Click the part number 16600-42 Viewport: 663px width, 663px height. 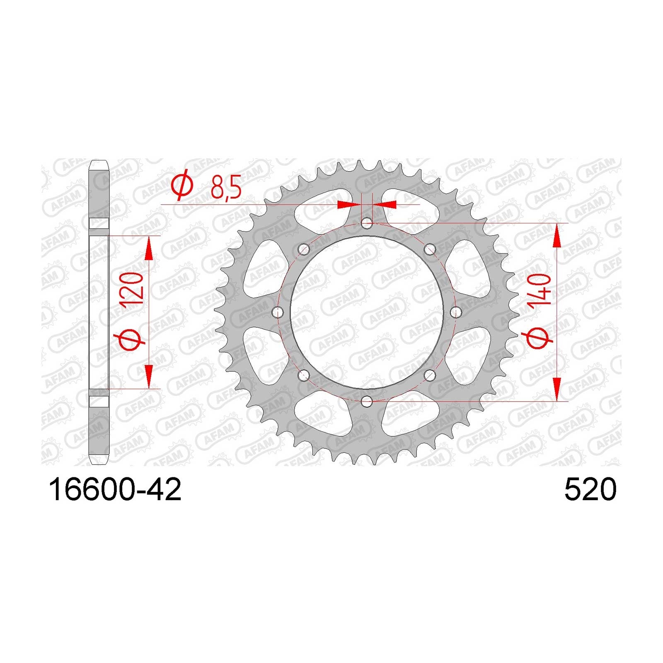click(115, 490)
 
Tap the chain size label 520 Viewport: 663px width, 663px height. click(590, 490)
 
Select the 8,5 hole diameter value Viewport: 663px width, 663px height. click(226, 188)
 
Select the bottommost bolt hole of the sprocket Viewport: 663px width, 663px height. click(366, 401)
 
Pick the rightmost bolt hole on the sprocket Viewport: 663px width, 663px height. click(456, 312)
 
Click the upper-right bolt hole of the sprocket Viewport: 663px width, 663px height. click(430, 249)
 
